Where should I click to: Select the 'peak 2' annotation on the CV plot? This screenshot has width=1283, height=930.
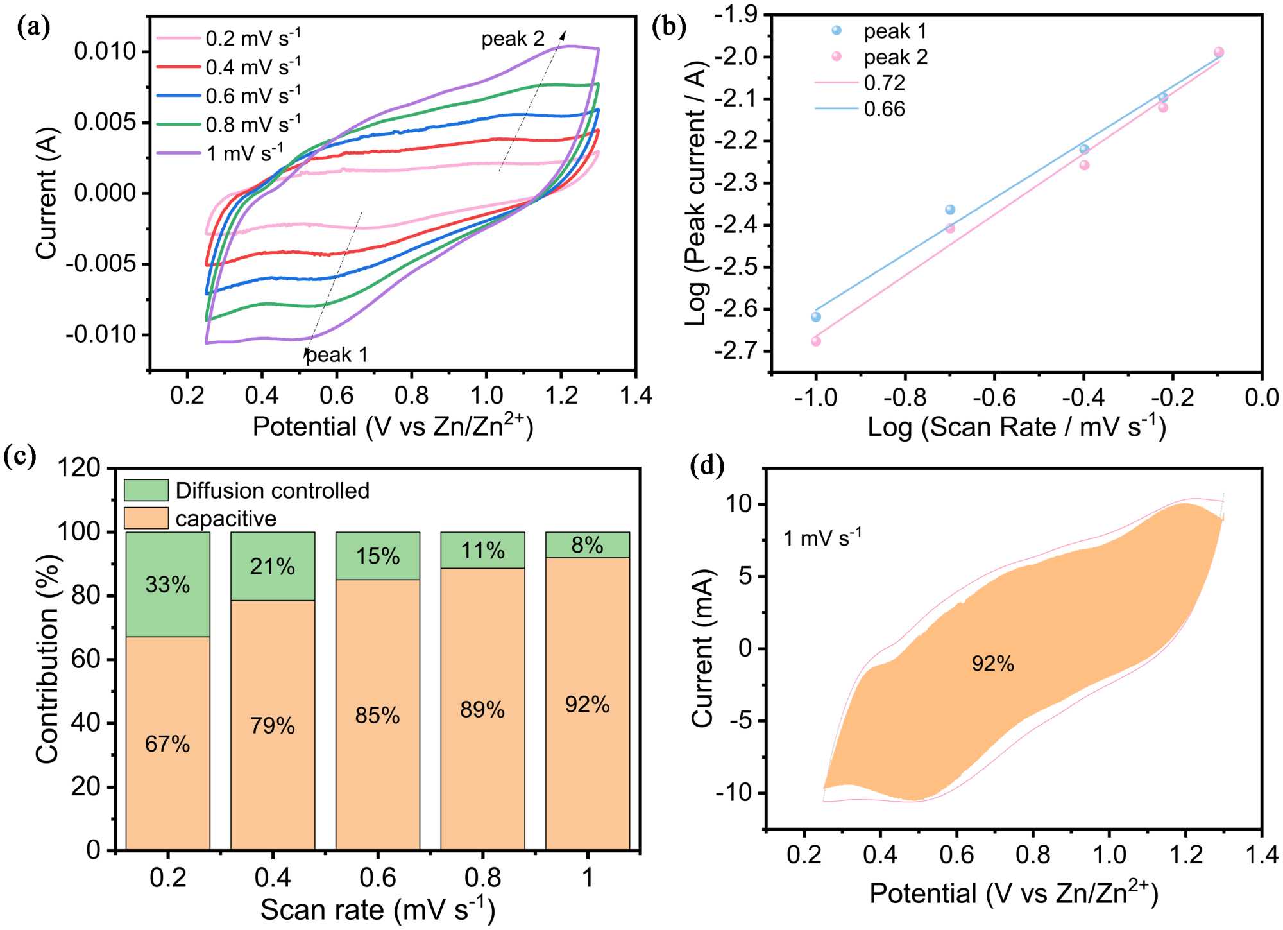tap(513, 39)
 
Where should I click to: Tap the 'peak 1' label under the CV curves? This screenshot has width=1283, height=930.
tap(337, 355)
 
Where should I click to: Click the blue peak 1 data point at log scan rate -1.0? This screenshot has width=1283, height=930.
tap(816, 317)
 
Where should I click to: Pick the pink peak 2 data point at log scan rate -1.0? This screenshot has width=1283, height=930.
tap(816, 341)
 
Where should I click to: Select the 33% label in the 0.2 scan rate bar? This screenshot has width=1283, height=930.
tap(167, 585)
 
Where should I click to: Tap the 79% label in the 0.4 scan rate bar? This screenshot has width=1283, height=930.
tap(273, 726)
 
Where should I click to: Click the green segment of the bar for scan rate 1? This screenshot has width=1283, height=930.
tap(588, 545)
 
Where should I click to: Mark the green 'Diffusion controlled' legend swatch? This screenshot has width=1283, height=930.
tap(146, 490)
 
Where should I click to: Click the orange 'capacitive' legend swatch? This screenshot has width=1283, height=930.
tap(146, 518)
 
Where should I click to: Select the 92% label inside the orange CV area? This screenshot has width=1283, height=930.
tap(993, 664)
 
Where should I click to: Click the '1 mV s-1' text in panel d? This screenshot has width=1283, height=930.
tap(822, 538)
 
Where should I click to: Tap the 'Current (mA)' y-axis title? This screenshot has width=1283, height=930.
tap(703, 648)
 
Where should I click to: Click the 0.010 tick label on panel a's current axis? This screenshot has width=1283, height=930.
tap(106, 51)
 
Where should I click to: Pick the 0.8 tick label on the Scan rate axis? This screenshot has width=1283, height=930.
tap(482, 877)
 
